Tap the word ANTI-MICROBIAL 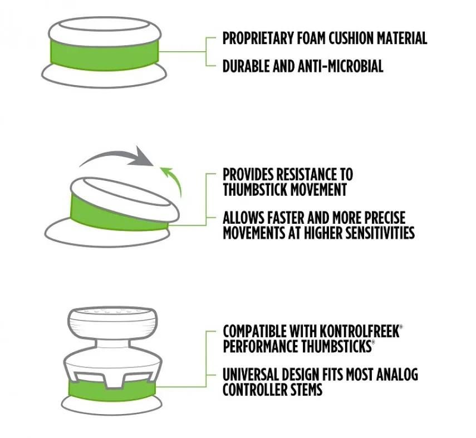pyautogui.click(x=340, y=66)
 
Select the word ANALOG pyautogui.click(x=397, y=375)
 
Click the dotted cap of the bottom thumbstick pyautogui.click(x=112, y=323)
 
